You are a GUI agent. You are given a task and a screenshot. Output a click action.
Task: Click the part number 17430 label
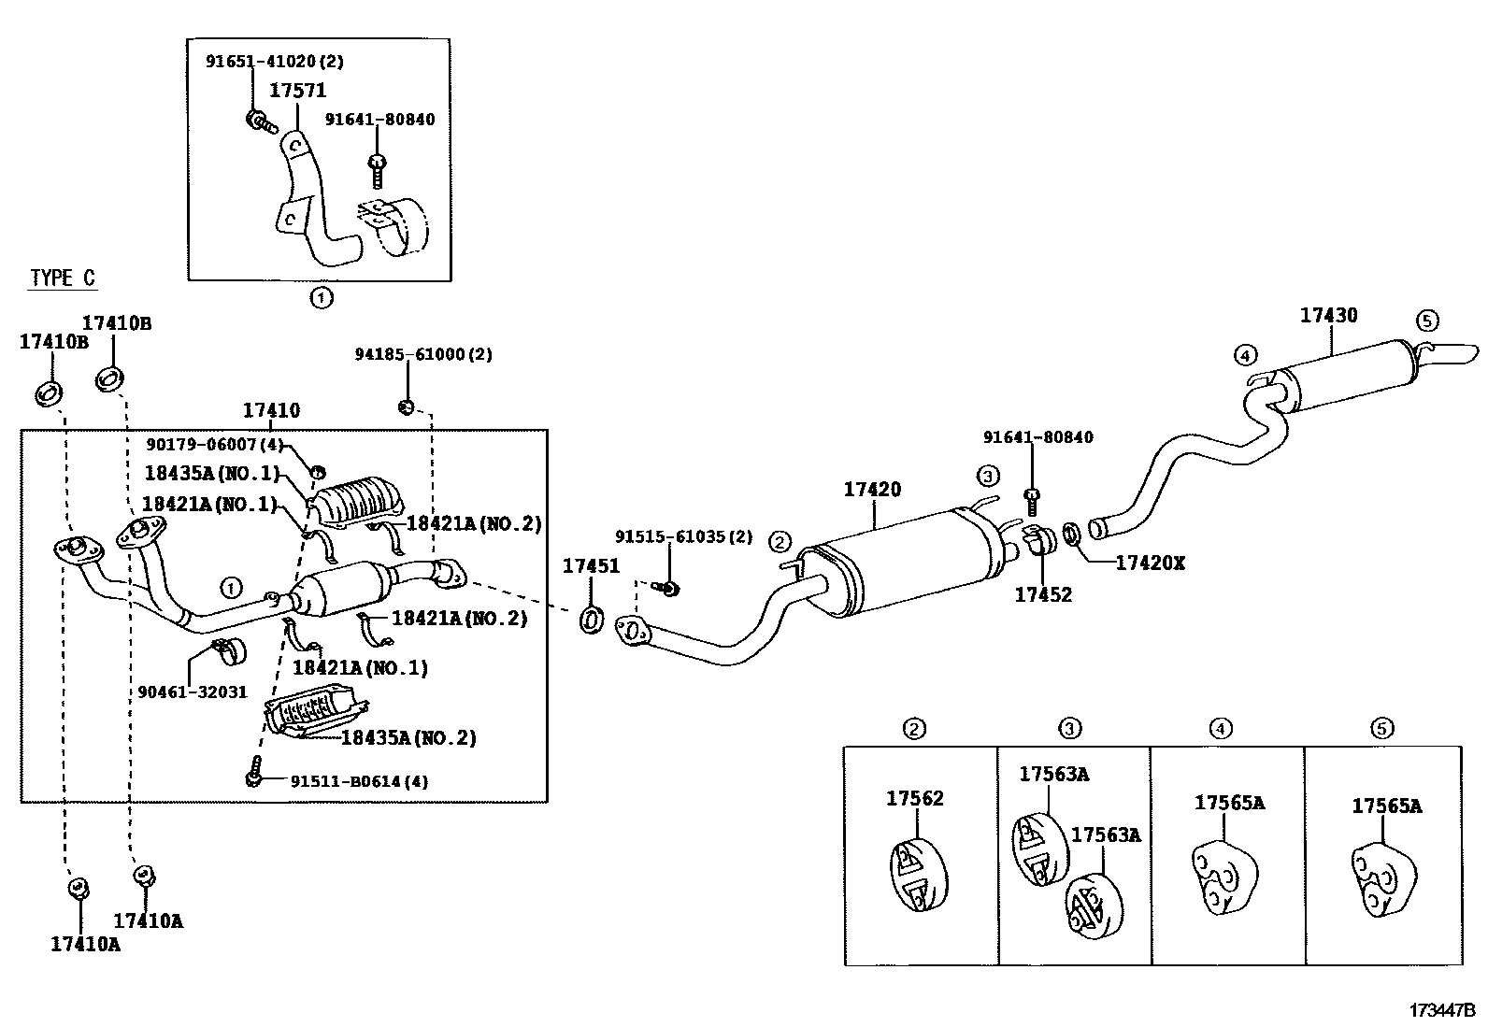click(1328, 316)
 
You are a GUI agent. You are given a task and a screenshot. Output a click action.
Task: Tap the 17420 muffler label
click(872, 490)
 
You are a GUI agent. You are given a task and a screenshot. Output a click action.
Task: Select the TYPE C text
click(63, 278)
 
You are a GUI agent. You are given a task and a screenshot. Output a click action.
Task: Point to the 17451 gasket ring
click(591, 619)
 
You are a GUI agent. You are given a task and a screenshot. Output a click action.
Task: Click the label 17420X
click(1150, 563)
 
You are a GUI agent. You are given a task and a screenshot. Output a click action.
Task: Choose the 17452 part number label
click(1043, 594)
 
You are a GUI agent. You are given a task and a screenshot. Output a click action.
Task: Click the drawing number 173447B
click(1442, 1010)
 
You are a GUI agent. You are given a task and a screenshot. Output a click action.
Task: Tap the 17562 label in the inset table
click(915, 798)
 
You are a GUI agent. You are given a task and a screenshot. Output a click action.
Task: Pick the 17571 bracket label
click(297, 91)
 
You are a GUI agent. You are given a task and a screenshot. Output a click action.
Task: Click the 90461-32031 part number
click(193, 692)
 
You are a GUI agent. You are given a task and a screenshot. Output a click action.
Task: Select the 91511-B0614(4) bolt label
click(347, 780)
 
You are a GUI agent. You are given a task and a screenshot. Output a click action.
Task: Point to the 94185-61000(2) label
click(423, 354)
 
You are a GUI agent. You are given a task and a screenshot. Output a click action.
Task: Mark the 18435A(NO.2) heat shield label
click(408, 737)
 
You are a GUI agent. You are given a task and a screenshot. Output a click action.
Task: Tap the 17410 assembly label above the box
click(271, 410)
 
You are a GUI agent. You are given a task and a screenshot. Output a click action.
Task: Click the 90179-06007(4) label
click(214, 445)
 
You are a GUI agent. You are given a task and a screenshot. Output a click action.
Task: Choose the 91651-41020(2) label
click(275, 62)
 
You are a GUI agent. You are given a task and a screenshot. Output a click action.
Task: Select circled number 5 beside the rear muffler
click(1426, 321)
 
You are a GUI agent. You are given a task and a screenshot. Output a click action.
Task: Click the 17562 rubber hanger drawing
click(916, 874)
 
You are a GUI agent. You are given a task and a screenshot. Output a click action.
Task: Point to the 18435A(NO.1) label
click(211, 473)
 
